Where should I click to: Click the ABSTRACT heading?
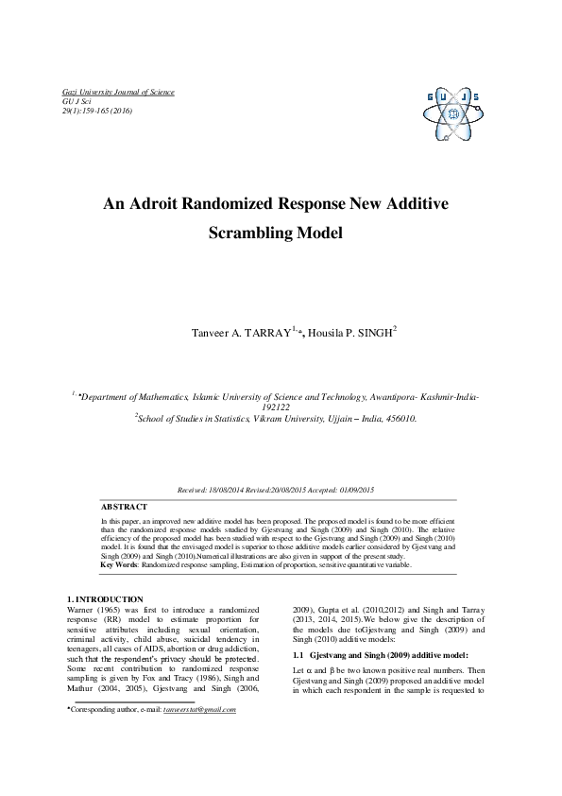[x=124, y=507]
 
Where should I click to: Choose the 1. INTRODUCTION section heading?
[x=105, y=599]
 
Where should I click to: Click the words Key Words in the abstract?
[x=120, y=564]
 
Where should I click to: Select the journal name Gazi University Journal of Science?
[x=118, y=92]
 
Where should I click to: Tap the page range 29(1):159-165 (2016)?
[x=96, y=111]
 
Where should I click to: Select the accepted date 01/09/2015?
[x=355, y=490]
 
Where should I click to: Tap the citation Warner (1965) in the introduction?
[x=94, y=610]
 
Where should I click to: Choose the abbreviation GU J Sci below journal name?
[x=76, y=101]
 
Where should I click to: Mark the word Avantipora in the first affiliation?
[x=384, y=399]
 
